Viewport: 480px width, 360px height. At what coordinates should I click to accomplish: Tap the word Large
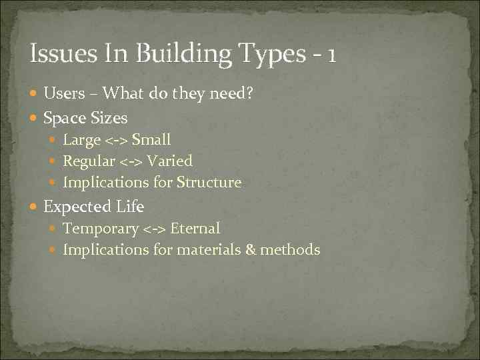pyautogui.click(x=81, y=140)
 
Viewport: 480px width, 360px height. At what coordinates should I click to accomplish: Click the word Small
pyautogui.click(x=151, y=140)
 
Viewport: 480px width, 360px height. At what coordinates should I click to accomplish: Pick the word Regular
pyautogui.click(x=88, y=161)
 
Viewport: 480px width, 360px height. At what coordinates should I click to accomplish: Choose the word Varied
pyautogui.click(x=169, y=161)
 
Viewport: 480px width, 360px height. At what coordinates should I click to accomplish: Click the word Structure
pyautogui.click(x=208, y=182)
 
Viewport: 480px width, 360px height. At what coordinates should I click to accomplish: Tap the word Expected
pyautogui.click(x=72, y=207)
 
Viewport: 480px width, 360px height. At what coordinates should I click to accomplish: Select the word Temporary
pyautogui.click(x=101, y=229)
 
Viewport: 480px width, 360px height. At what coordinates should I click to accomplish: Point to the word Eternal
pyautogui.click(x=195, y=229)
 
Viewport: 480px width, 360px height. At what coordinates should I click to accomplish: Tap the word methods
pyautogui.click(x=290, y=250)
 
